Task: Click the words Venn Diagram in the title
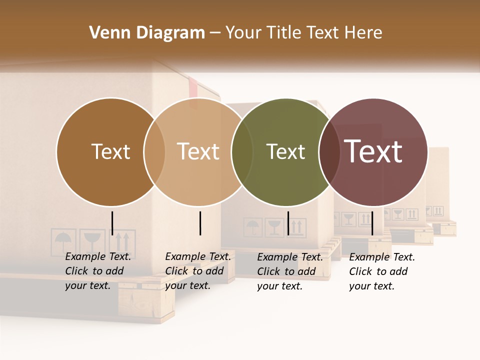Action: [x=147, y=33]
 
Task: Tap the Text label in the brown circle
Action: [x=110, y=151]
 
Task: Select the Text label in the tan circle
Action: [x=198, y=151]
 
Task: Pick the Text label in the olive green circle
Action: [x=285, y=151]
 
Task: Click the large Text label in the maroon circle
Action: [x=373, y=151]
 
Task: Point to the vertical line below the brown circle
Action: [x=112, y=223]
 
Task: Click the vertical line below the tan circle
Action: [x=200, y=223]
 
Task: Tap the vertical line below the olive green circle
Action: [x=288, y=223]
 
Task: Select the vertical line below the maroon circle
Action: [x=372, y=223]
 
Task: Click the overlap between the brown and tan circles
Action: [x=154, y=152]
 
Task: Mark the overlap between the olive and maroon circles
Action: [x=329, y=152]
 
